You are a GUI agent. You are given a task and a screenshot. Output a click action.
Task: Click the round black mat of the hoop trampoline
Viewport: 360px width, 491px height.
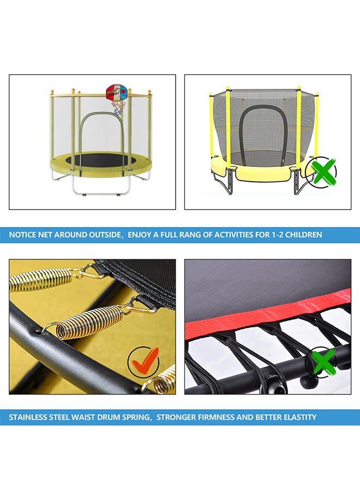(x=100, y=160)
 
